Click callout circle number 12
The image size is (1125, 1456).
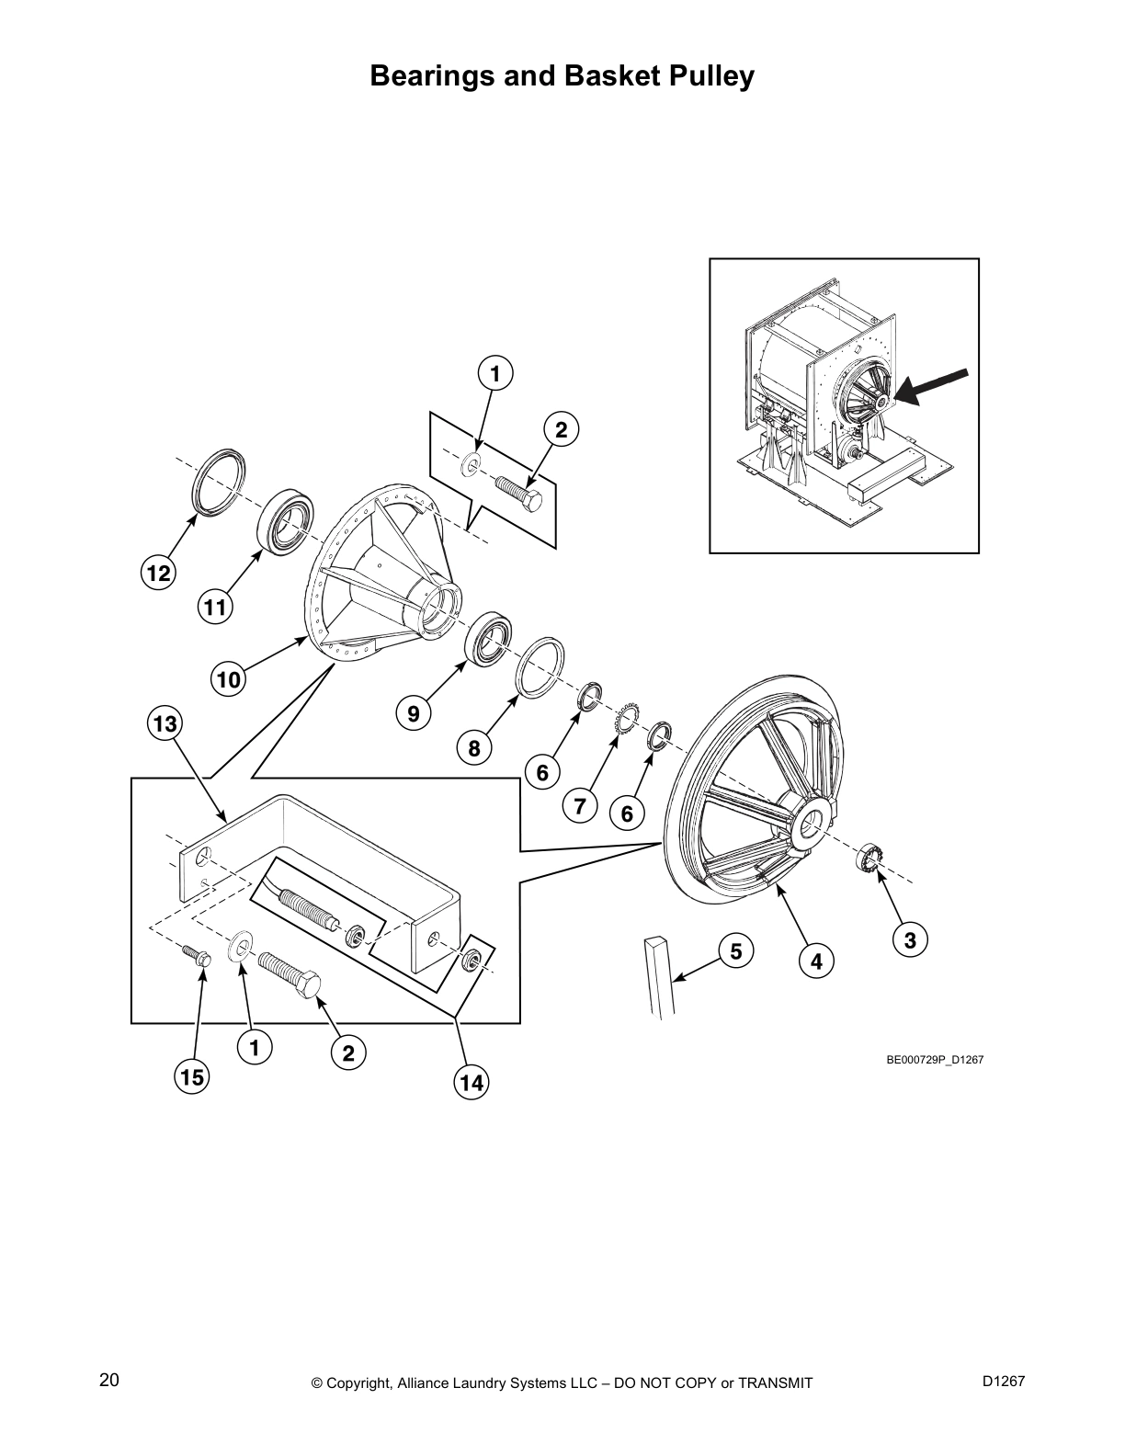[158, 574]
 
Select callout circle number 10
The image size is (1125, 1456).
[228, 680]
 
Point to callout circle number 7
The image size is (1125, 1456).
[580, 807]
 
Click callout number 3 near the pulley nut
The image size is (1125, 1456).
[909, 940]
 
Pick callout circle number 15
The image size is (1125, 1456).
[192, 1076]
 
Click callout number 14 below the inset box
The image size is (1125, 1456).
[471, 1084]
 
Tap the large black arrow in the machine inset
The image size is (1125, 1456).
[931, 385]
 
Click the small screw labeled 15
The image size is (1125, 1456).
[197, 956]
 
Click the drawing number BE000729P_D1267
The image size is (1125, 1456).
[935, 1060]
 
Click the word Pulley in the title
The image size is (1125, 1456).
[706, 76]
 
